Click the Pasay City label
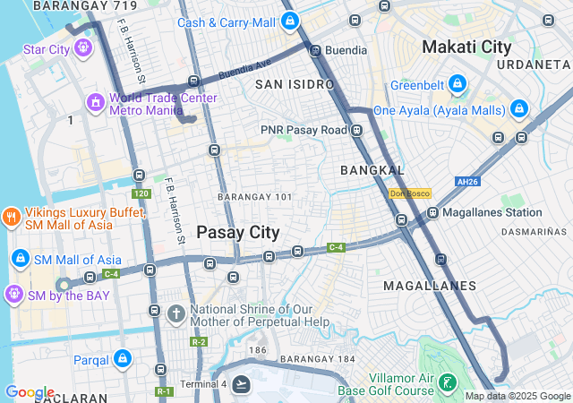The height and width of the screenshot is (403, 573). tap(238, 232)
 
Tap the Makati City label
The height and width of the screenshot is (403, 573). tap(466, 47)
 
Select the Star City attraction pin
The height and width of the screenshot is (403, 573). tap(84, 49)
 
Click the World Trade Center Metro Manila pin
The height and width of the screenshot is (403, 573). tap(95, 104)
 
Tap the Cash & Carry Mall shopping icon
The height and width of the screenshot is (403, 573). tap(289, 21)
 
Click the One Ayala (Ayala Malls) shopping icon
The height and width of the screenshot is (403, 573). tap(519, 110)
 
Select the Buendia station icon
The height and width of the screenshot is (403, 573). tap(315, 51)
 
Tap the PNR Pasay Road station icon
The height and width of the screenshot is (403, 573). tap(356, 130)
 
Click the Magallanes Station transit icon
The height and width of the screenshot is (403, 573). tap(432, 212)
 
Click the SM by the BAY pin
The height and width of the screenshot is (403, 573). tap(13, 294)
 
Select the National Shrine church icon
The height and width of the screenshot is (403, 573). tap(175, 314)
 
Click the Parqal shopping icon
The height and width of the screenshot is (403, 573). tap(123, 360)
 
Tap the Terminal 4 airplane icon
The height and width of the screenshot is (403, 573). tap(240, 385)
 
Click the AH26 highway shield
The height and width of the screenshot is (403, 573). tap(467, 182)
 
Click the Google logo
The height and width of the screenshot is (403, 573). tap(30, 392)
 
